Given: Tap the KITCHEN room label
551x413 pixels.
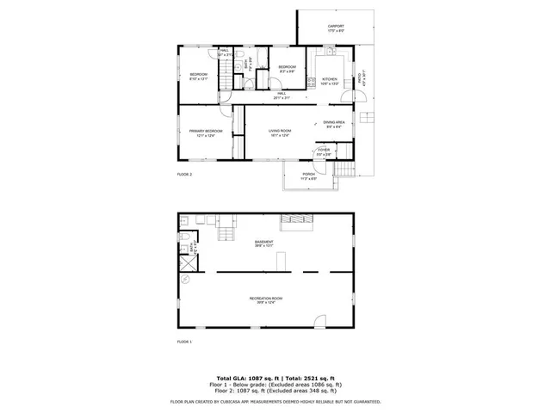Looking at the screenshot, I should (x=331, y=80).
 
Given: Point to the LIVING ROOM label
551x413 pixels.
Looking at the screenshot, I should (x=280, y=132).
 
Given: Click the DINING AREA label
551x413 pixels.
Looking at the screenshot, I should (x=334, y=124).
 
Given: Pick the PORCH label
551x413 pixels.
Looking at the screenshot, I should (x=308, y=175).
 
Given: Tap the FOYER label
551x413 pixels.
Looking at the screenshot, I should (x=324, y=151).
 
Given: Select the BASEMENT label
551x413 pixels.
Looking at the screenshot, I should (x=264, y=243).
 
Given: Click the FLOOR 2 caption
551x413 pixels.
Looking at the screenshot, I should (x=184, y=174).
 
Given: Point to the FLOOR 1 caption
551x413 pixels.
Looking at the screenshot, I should (x=184, y=342).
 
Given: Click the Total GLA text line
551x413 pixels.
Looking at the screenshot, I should (x=275, y=378).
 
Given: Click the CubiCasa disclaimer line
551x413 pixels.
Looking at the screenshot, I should (x=275, y=401).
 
